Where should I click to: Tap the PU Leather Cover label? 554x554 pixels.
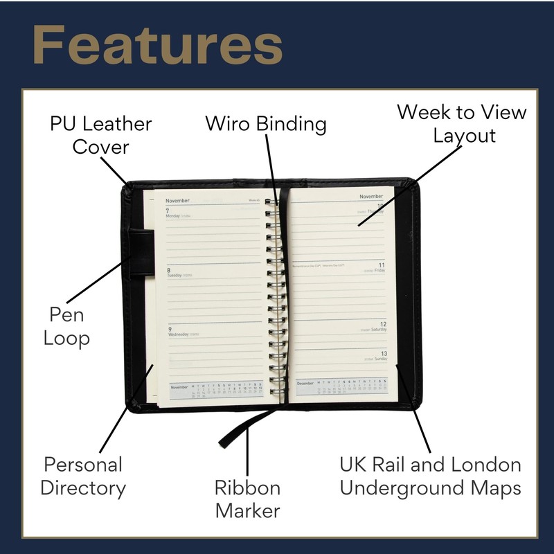click(x=101, y=136)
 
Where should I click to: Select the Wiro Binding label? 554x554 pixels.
click(x=266, y=125)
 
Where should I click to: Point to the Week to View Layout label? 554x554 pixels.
click(x=462, y=123)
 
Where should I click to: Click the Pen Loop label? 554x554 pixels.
click(x=66, y=327)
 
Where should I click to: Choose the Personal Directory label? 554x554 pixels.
click(x=83, y=476)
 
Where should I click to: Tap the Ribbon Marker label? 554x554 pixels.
click(x=247, y=499)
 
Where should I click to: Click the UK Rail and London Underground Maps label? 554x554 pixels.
click(x=430, y=476)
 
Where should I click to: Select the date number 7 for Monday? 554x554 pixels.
click(x=168, y=210)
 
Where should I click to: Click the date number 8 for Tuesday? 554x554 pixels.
click(x=168, y=269)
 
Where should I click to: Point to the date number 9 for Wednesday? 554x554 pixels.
click(x=168, y=329)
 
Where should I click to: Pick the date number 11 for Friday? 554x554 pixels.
click(x=381, y=265)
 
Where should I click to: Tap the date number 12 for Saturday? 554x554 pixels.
click(x=383, y=324)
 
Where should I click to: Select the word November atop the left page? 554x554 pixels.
click(x=178, y=200)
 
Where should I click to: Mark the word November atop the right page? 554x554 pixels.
click(x=371, y=197)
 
